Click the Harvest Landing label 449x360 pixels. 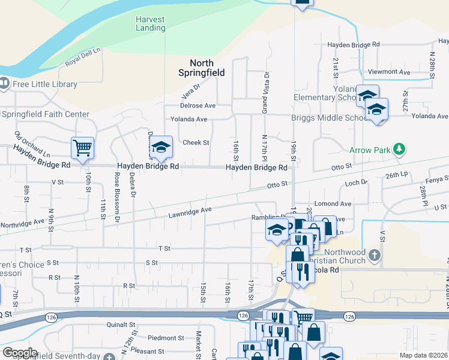tap(150, 23)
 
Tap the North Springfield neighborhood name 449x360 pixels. tap(202, 68)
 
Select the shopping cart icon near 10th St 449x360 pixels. tap(82, 147)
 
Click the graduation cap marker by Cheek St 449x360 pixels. tap(161, 147)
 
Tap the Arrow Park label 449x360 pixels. tap(369, 149)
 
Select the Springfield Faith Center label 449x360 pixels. tap(46, 114)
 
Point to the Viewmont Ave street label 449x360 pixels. tap(389, 71)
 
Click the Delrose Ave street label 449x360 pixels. tap(197, 105)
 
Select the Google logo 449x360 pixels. tap(20, 353)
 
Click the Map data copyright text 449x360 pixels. tap(423, 355)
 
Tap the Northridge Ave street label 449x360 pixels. tap(23, 222)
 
